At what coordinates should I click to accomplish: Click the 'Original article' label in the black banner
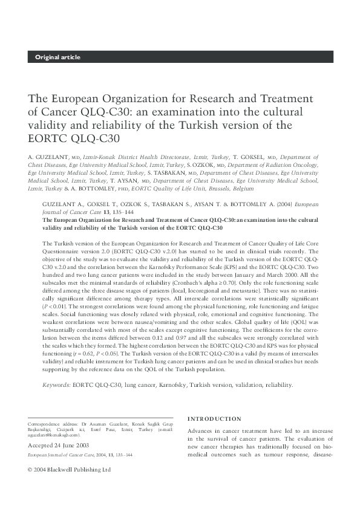coord(57,57)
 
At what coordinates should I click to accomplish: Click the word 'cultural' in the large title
coord(281,112)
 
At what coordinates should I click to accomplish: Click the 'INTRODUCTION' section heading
coord(214,418)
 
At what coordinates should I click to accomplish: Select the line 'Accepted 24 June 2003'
coord(58,445)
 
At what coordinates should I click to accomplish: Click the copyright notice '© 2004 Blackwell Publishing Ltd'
coord(70,469)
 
